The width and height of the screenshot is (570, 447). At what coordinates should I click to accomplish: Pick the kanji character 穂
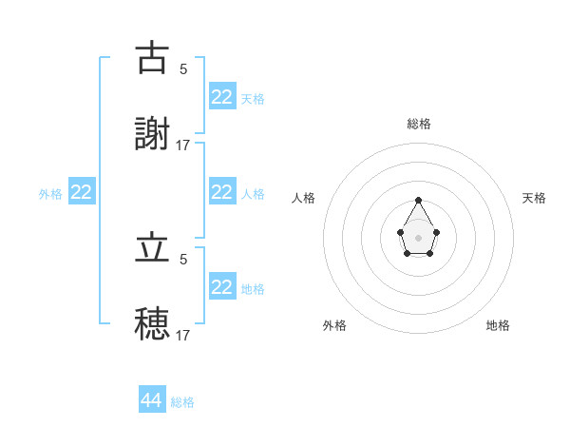pyautogui.click(x=152, y=323)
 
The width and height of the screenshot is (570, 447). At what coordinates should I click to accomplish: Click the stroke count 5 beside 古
pyautogui.click(x=183, y=68)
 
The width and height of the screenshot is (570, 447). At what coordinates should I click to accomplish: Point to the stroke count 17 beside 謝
pyautogui.click(x=183, y=145)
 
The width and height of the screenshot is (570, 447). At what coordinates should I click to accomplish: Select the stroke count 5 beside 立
pyautogui.click(x=183, y=259)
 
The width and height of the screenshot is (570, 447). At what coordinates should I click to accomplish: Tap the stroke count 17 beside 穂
pyautogui.click(x=183, y=335)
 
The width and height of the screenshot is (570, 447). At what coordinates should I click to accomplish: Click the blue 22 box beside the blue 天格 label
pyautogui.click(x=221, y=97)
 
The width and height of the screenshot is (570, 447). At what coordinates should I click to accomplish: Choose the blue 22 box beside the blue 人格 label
pyautogui.click(x=221, y=192)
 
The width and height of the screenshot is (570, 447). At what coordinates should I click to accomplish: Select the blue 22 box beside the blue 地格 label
pyautogui.click(x=221, y=287)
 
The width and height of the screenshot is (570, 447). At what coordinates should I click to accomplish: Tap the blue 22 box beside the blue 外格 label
pyautogui.click(x=82, y=192)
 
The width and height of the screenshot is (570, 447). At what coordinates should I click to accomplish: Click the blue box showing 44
pyautogui.click(x=152, y=400)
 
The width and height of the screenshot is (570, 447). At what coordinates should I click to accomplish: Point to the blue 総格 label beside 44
pyautogui.click(x=182, y=402)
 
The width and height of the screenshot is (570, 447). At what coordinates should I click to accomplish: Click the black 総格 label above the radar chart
pyautogui.click(x=419, y=124)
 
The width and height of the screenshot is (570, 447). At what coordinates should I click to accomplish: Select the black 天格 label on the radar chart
pyautogui.click(x=534, y=198)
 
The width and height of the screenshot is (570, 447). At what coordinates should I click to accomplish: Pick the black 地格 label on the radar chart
pyautogui.click(x=498, y=325)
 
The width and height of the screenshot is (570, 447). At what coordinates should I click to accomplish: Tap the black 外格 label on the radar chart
pyautogui.click(x=334, y=325)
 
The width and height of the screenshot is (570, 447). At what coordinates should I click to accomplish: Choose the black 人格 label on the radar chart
pyautogui.click(x=304, y=198)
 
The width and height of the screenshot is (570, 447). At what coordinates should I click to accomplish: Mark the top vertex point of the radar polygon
pyautogui.click(x=419, y=201)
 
